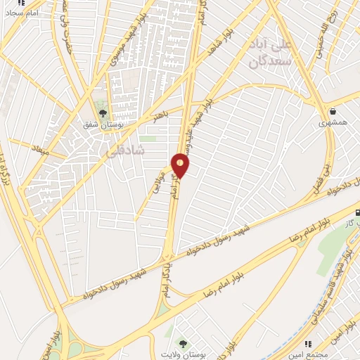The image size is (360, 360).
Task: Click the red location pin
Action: coord(181,165)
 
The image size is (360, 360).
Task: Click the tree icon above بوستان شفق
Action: coord(103,113)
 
